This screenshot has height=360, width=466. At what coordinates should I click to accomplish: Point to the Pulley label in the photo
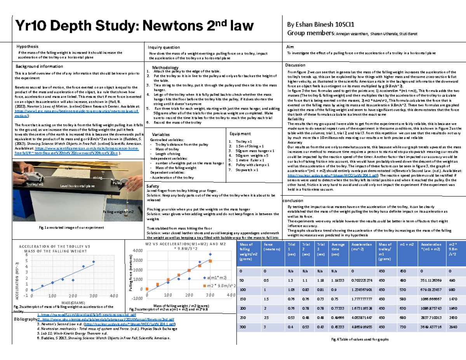117,183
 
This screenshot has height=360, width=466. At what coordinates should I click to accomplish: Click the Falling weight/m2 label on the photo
118,212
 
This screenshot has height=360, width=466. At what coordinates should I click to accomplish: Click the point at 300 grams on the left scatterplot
93,262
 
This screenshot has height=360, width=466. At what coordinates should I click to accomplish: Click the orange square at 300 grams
210,261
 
